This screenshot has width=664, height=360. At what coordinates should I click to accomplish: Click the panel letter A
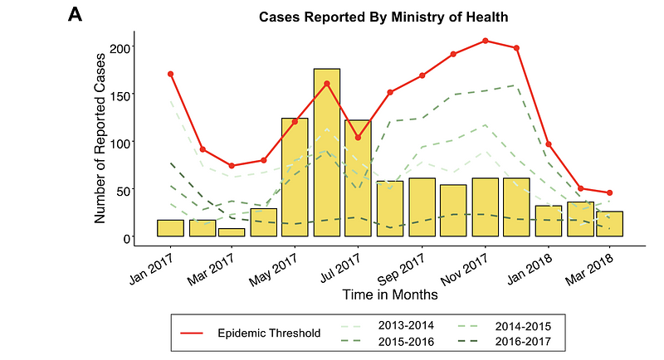pyautogui.click(x=76, y=15)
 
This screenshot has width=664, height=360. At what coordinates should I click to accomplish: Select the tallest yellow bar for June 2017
pyautogui.click(x=326, y=153)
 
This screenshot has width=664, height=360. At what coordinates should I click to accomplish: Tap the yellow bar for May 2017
pyautogui.click(x=295, y=178)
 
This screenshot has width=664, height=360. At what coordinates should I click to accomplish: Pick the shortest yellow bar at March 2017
pyautogui.click(x=232, y=232)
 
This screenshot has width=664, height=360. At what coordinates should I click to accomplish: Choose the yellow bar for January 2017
pyautogui.click(x=170, y=228)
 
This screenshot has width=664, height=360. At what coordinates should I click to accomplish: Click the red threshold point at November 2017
pyautogui.click(x=486, y=41)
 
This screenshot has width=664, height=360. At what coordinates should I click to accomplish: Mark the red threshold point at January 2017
pyautogui.click(x=170, y=74)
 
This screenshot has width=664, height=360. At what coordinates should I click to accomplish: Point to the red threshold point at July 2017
pyautogui.click(x=358, y=138)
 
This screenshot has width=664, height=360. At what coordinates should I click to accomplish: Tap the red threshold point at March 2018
pyautogui.click(x=610, y=193)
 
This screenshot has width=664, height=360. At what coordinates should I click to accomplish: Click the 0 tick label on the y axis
pyautogui.click(x=127, y=238)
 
